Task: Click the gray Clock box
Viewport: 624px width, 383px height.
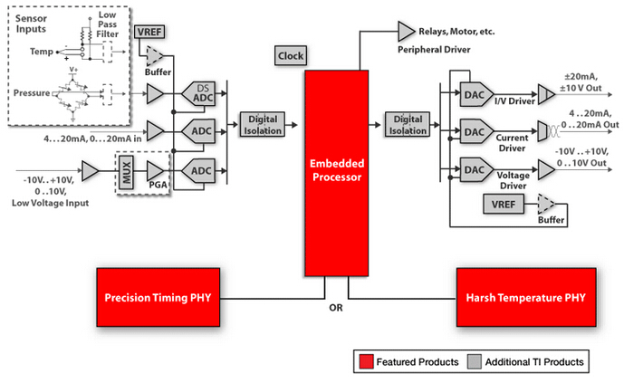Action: [291, 56]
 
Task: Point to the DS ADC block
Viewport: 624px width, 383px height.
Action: [201, 92]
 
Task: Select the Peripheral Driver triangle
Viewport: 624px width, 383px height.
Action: [405, 31]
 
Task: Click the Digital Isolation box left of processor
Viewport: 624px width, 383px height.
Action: [262, 125]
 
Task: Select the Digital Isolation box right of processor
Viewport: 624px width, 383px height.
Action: [408, 125]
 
